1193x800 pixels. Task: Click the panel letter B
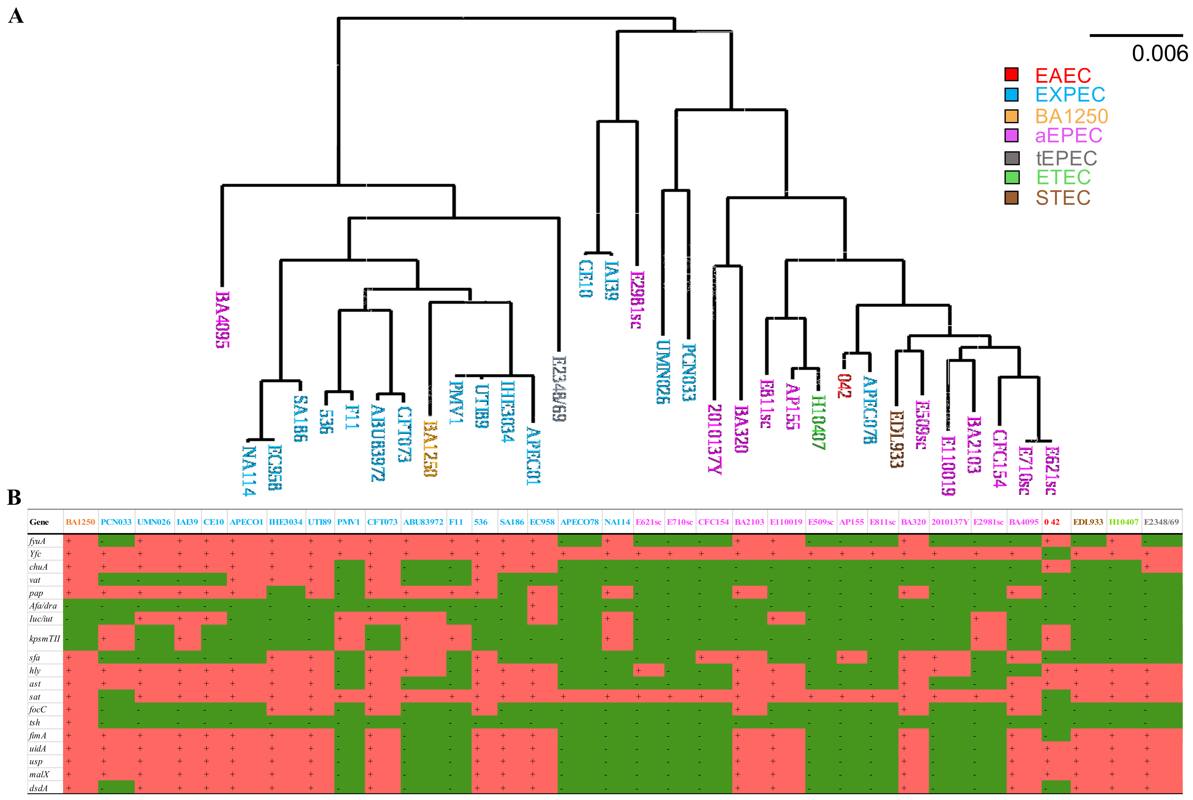14,498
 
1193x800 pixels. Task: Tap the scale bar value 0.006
1159,54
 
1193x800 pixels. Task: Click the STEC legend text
1063,198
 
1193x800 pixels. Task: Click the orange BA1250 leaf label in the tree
430,448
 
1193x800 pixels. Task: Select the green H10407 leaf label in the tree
818,422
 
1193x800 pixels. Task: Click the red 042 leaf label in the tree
844,386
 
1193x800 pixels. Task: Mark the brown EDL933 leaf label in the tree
896,439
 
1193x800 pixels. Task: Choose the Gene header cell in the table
39,522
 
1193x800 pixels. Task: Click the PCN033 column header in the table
116,522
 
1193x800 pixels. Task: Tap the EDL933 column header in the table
1088,522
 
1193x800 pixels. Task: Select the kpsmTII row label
44,638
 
